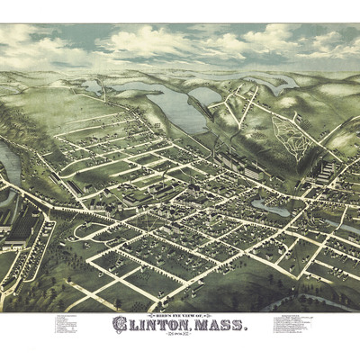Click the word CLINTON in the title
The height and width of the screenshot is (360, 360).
coord(150,324)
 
